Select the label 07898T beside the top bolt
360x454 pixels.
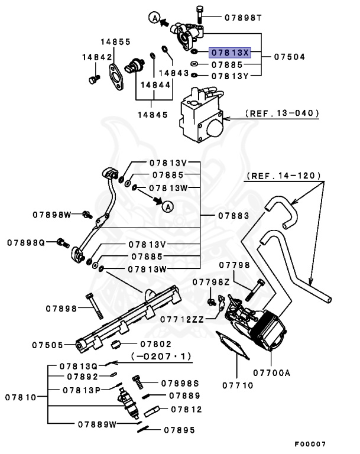[x=243, y=18]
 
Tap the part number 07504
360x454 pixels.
[x=290, y=57]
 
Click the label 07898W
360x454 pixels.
[x=52, y=215]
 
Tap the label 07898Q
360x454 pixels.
[x=27, y=242]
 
